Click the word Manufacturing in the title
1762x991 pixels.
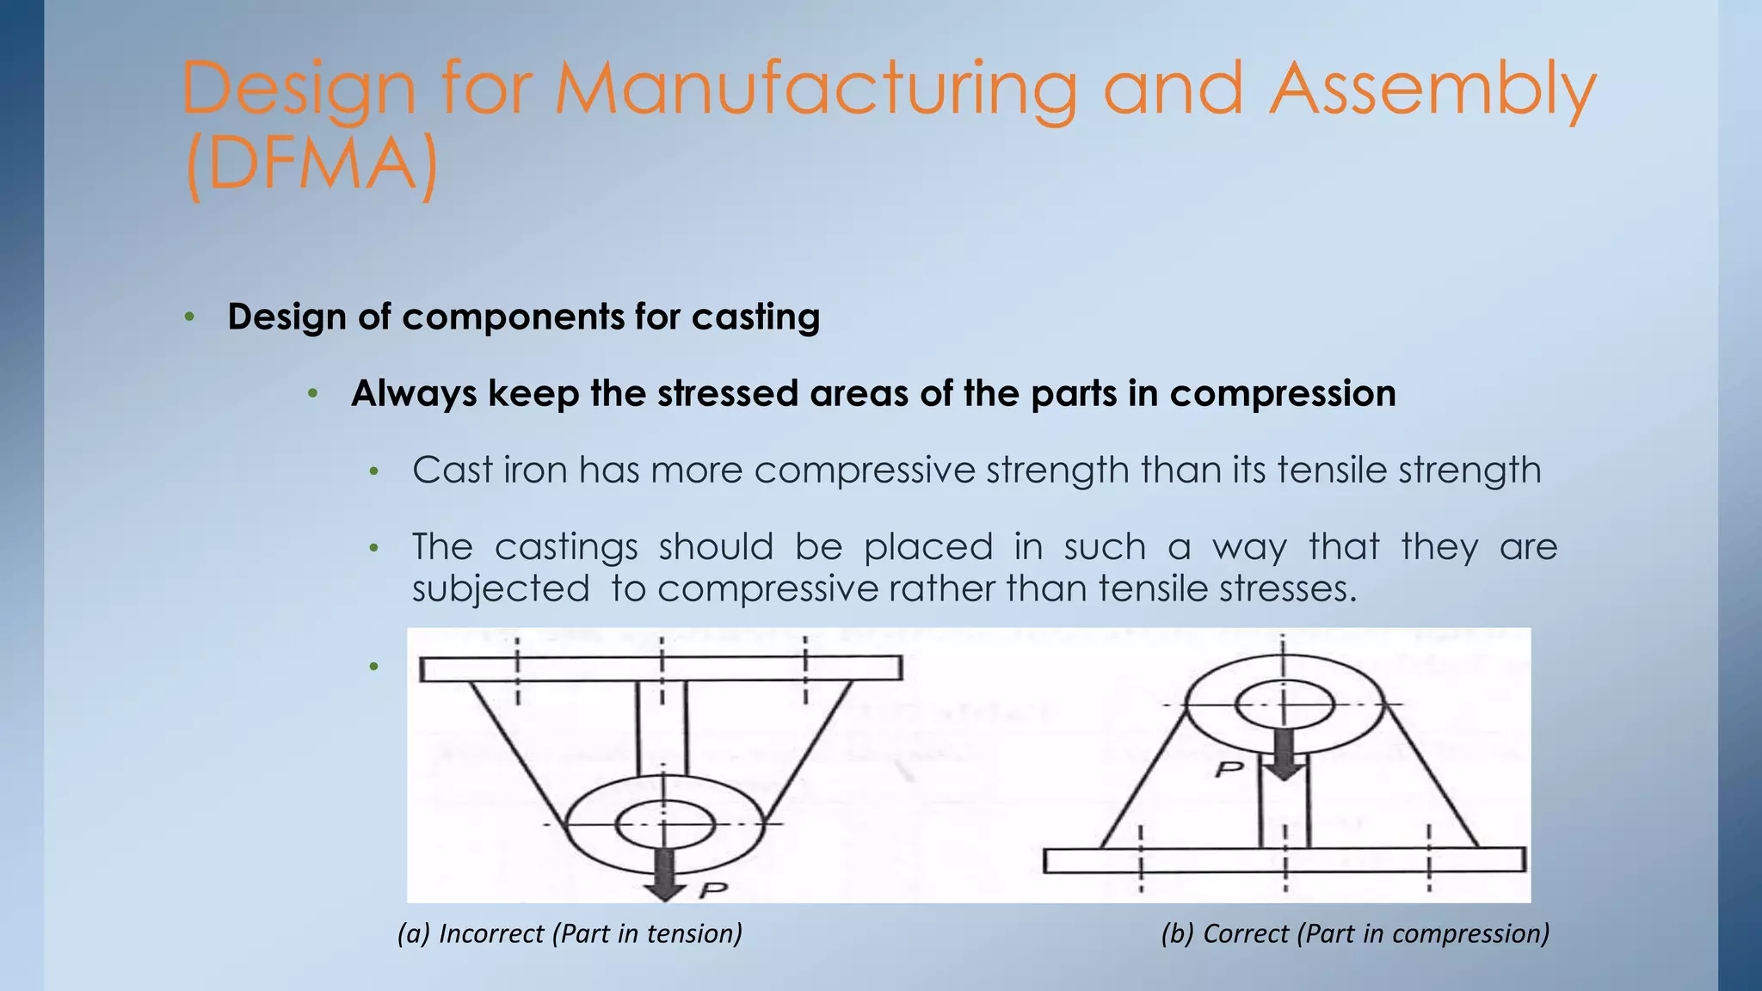[816, 90]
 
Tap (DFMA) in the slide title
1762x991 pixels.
[311, 165]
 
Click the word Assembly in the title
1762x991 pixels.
[1432, 90]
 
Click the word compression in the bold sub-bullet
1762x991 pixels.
[1282, 394]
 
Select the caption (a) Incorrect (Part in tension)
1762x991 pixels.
[570, 933]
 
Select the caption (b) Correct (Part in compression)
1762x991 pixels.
[1355, 933]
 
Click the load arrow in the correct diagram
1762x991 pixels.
[1284, 753]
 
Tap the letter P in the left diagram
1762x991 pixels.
[713, 890]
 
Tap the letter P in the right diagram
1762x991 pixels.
[1229, 768]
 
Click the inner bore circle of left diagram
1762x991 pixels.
[665, 824]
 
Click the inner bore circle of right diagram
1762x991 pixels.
[1284, 705]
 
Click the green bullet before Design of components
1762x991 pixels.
[189, 317]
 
